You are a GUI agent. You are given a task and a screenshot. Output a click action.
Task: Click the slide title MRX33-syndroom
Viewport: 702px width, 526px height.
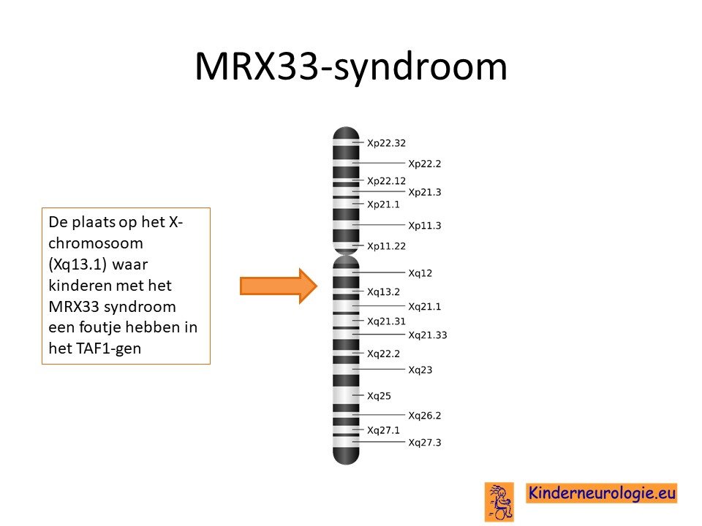tap(351, 66)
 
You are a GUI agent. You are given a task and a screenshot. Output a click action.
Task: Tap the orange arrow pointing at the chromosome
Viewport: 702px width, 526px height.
tap(279, 286)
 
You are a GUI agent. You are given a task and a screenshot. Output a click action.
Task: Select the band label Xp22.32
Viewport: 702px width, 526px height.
tap(386, 143)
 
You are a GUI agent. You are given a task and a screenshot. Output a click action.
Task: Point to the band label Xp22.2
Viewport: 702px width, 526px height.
tap(424, 164)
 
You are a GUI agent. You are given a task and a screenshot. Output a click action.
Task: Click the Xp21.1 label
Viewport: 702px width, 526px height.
tap(383, 205)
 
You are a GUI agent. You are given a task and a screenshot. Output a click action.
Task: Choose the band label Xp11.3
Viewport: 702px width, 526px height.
tap(424, 226)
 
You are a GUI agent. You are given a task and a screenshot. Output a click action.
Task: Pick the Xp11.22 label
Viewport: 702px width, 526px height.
tap(386, 246)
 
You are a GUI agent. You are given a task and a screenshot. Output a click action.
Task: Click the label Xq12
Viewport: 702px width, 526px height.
tap(420, 273)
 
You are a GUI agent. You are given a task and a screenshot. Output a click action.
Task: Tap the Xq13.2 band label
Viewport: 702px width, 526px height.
tap(383, 292)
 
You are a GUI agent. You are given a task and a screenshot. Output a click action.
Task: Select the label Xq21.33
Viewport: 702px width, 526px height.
tap(428, 335)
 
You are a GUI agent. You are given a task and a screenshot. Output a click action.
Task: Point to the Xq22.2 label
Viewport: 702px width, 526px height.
tap(383, 354)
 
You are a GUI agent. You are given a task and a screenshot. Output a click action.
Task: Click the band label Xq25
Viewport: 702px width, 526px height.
tap(379, 396)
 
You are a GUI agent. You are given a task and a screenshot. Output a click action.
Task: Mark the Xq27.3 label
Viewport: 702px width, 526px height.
tap(424, 443)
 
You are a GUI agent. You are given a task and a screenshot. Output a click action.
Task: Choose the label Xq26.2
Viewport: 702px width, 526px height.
tap(424, 416)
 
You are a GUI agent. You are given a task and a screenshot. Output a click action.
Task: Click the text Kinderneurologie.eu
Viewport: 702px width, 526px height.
tap(602, 493)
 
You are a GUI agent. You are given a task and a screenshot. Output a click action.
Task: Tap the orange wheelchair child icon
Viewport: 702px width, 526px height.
tap(499, 502)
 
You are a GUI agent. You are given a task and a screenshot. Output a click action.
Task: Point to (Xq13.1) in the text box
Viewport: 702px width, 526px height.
tap(78, 264)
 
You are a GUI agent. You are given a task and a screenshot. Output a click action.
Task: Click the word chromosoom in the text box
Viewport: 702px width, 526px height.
tap(96, 243)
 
